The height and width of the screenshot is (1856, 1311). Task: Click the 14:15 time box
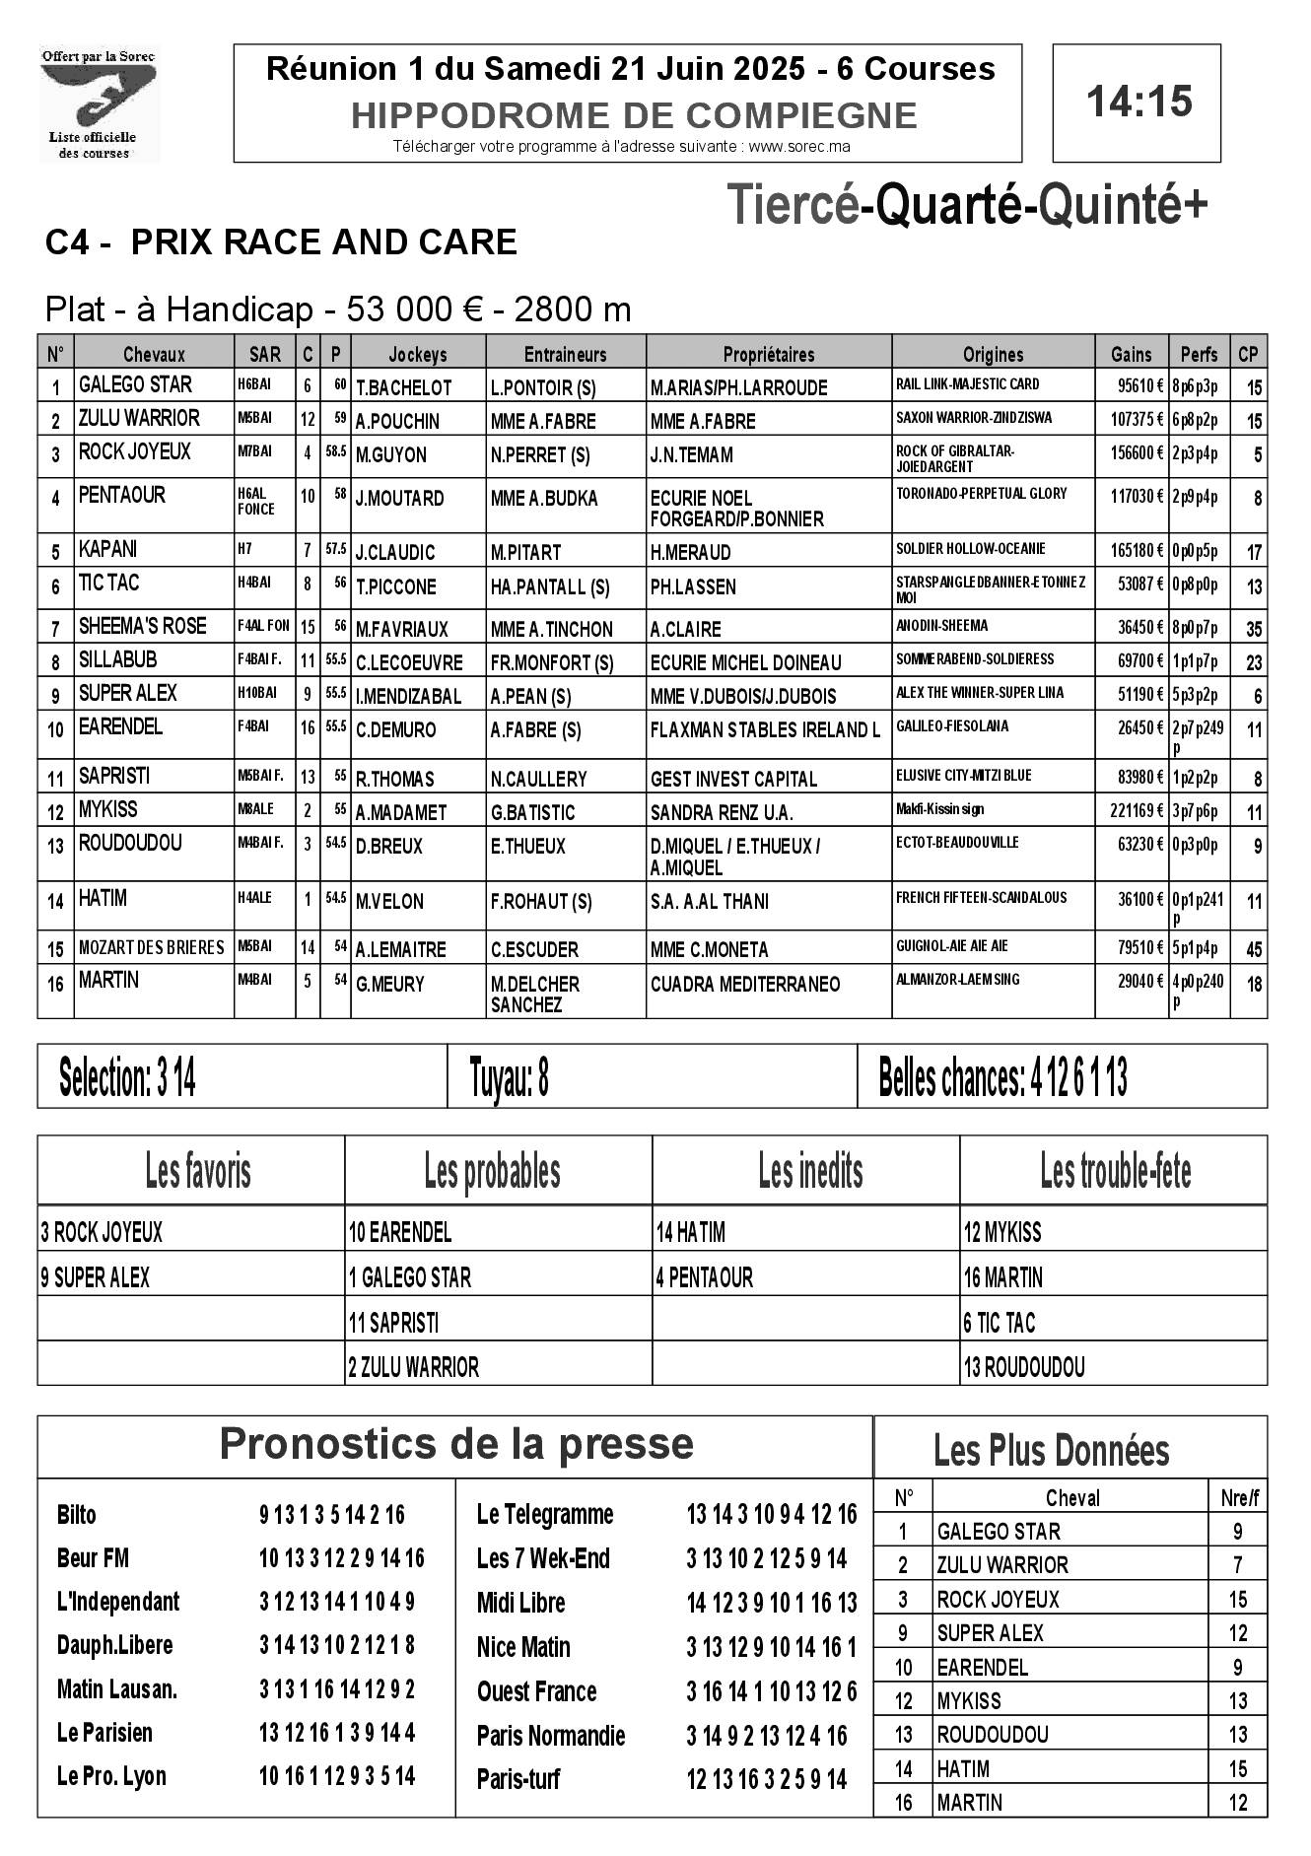click(1137, 103)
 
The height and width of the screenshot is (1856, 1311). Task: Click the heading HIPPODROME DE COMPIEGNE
click(634, 116)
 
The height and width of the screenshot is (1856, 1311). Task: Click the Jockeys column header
click(417, 354)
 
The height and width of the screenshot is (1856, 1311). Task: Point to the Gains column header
click(1131, 354)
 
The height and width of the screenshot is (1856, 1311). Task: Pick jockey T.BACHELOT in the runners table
click(403, 387)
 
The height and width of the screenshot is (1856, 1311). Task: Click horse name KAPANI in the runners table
click(108, 549)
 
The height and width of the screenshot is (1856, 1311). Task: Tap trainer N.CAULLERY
click(538, 779)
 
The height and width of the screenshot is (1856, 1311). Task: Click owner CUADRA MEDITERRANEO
click(744, 984)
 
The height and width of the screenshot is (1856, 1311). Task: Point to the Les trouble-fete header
click(1115, 1172)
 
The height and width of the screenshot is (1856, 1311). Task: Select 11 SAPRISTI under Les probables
click(394, 1323)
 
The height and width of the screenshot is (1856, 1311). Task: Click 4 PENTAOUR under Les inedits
click(704, 1278)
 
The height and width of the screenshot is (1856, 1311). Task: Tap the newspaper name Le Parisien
click(104, 1732)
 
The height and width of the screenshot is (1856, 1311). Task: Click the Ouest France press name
click(536, 1691)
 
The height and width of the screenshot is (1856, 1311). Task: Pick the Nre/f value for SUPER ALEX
click(1238, 1633)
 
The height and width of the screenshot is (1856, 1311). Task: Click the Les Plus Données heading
click(1051, 1450)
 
